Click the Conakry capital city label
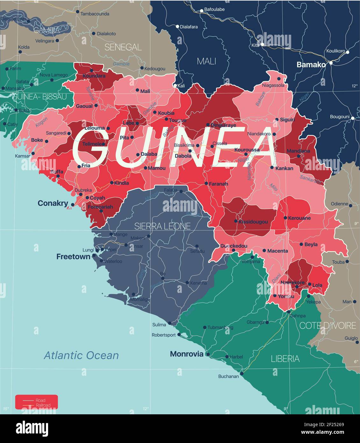point(53,203)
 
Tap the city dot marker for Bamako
point(331,63)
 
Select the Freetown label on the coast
point(73,257)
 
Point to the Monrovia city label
point(186,354)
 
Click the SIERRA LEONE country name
point(162,226)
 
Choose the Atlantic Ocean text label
point(81,355)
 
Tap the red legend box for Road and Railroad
point(36,402)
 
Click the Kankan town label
point(284,168)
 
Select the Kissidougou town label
point(253,221)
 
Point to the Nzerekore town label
point(292,282)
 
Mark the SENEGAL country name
point(123,47)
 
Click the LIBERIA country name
point(285,359)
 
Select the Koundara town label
point(94,76)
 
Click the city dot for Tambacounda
point(77,12)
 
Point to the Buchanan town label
point(228,376)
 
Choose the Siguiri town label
point(287,120)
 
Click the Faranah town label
point(219,184)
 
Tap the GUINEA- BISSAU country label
point(40,97)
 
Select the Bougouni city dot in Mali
point(353,118)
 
